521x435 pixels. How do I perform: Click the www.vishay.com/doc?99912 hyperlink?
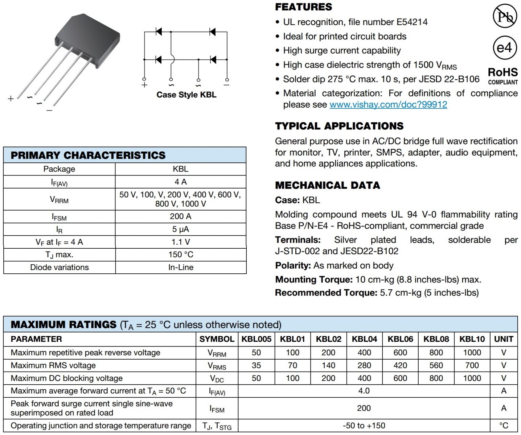coord(388,105)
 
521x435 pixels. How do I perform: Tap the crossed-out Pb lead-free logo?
coord(504,16)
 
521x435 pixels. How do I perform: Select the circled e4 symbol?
coord(504,47)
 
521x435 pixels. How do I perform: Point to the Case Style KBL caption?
coord(186,95)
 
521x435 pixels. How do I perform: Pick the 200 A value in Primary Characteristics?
coord(180,216)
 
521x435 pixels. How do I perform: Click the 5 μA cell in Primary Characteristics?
coord(180,229)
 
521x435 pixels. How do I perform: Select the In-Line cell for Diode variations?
coord(181,268)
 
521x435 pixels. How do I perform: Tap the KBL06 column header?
coord(400,339)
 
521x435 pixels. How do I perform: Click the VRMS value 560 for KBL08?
coord(436,365)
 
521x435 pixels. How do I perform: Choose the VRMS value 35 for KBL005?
coord(256,365)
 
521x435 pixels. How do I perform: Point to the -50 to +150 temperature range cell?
coord(364,426)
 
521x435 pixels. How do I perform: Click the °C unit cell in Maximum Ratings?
coord(504,426)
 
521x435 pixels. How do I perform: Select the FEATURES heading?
coord(303,7)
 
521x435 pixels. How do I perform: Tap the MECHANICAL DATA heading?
coord(327,185)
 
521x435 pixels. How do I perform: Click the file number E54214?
coord(412,22)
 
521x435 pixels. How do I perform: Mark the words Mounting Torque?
coord(314,280)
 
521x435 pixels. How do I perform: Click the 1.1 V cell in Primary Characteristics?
coord(180,242)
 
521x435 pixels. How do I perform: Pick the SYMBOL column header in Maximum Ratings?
coord(217,339)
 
